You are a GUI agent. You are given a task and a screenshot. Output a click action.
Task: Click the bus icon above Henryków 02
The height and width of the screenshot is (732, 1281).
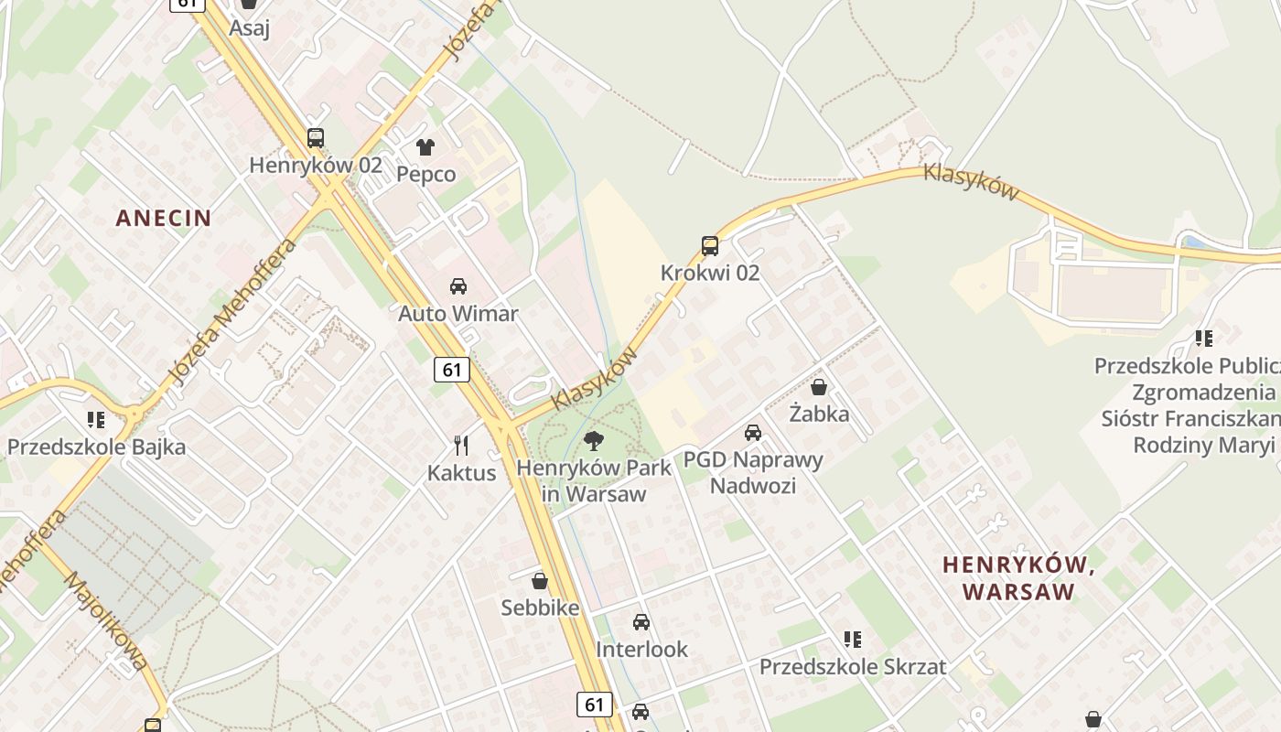pyautogui.click(x=316, y=138)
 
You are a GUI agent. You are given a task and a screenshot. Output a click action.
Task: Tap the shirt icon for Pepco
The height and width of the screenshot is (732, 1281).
pyautogui.click(x=425, y=146)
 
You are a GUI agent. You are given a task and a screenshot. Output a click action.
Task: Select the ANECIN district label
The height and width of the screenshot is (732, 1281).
pyautogui.click(x=164, y=218)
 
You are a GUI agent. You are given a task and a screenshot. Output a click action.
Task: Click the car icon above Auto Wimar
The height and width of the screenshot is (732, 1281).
pyautogui.click(x=458, y=286)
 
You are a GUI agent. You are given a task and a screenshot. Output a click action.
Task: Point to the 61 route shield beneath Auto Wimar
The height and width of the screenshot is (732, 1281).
pyautogui.click(x=451, y=369)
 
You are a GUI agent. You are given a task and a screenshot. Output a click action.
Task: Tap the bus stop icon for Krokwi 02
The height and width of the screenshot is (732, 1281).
pyautogui.click(x=710, y=245)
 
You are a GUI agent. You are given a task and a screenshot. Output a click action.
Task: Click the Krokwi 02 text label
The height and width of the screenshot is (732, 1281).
pyautogui.click(x=710, y=273)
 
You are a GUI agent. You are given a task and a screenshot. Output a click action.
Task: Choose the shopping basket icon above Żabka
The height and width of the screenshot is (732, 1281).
pyautogui.click(x=819, y=387)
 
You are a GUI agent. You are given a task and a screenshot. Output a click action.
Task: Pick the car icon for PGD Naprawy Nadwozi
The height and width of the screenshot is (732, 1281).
pyautogui.click(x=753, y=433)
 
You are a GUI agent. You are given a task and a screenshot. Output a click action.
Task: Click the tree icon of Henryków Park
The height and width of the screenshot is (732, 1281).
pyautogui.click(x=594, y=441)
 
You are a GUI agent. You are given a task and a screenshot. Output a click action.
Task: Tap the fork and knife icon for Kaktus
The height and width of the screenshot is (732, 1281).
pyautogui.click(x=462, y=446)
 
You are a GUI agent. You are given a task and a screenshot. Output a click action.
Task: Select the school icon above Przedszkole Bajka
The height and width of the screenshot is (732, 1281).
pyautogui.click(x=96, y=420)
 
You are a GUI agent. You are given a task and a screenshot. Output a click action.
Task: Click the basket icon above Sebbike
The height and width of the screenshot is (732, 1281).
pyautogui.click(x=540, y=581)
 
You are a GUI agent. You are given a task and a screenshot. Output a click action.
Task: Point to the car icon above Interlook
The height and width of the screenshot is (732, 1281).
pyautogui.click(x=641, y=622)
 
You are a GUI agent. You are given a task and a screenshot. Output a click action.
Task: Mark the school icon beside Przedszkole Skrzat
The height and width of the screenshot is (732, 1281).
pyautogui.click(x=853, y=639)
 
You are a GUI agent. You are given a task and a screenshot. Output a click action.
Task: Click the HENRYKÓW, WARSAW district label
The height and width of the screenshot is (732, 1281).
pyautogui.click(x=1019, y=578)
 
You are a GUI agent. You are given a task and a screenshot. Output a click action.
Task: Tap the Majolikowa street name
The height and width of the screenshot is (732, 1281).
pyautogui.click(x=107, y=621)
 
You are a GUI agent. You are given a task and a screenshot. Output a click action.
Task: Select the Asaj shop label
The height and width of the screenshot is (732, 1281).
pyautogui.click(x=249, y=27)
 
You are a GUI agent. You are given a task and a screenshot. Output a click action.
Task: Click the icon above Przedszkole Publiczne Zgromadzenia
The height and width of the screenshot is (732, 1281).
pyautogui.click(x=1204, y=339)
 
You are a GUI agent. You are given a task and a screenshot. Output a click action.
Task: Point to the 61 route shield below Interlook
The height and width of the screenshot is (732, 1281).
pyautogui.click(x=595, y=704)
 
